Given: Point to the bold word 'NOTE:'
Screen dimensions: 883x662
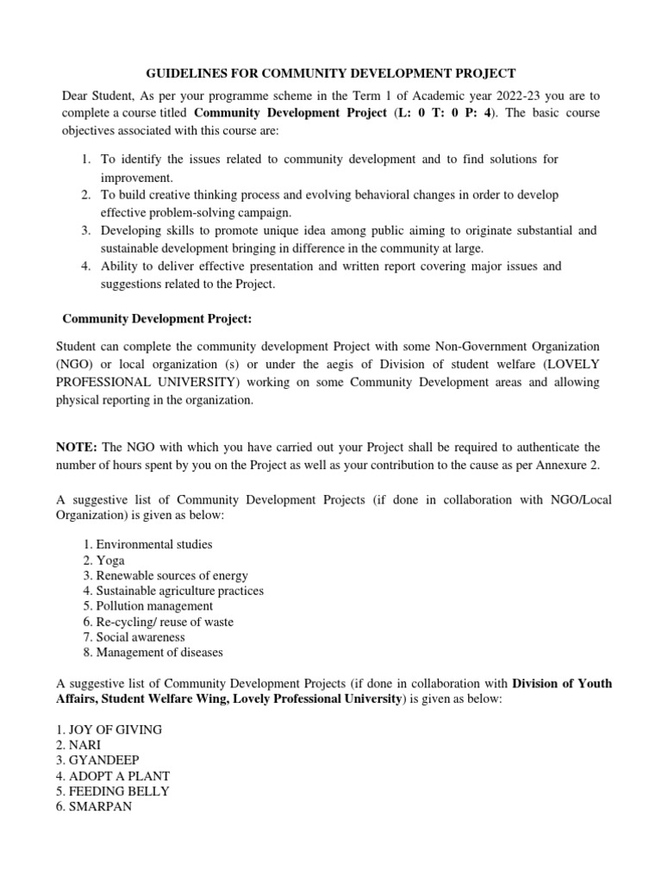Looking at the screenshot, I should pos(78,447).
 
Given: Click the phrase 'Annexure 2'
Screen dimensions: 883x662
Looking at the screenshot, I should pos(578,466).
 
